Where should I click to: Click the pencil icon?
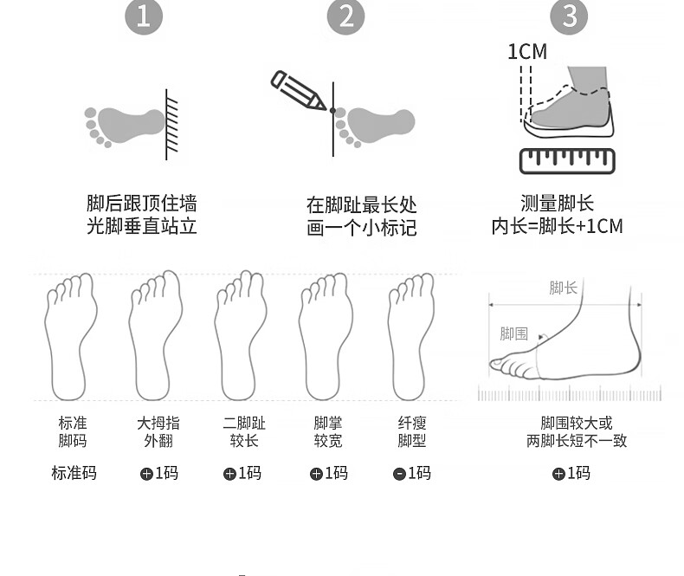pyautogui.click(x=298, y=90)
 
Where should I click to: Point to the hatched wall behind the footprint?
pyautogui.click(x=171, y=125)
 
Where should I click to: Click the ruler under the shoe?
pyautogui.click(x=567, y=161)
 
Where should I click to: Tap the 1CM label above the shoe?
pyautogui.click(x=527, y=51)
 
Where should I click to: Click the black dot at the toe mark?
pyautogui.click(x=332, y=111)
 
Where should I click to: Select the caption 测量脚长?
pyautogui.click(x=557, y=204)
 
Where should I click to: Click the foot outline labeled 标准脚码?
pyautogui.click(x=70, y=336)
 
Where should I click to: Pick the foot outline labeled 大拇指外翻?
pyautogui.click(x=155, y=335)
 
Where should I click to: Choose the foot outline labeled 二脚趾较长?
pyautogui.click(x=241, y=335)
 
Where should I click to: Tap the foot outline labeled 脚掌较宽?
pyautogui.click(x=326, y=336)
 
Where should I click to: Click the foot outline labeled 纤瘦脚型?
pyautogui.click(x=410, y=336)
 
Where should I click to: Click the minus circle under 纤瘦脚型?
pyautogui.click(x=399, y=474)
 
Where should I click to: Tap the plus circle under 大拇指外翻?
pyautogui.click(x=146, y=474)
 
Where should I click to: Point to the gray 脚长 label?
pyautogui.click(x=563, y=288)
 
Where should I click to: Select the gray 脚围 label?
pyautogui.click(x=514, y=333)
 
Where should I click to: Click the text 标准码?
pyautogui.click(x=74, y=473)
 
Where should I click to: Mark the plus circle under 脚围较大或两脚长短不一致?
pyautogui.click(x=558, y=474)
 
